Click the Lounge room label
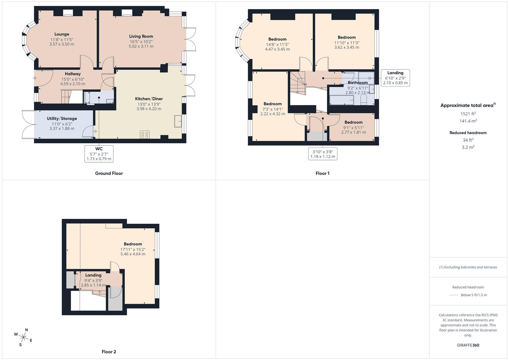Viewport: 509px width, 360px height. (62, 34)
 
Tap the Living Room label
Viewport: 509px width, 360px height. (141, 36)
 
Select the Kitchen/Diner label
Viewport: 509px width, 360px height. (149, 99)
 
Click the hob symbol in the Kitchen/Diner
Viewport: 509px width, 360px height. (145, 134)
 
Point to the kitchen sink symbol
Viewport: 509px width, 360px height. (178, 121)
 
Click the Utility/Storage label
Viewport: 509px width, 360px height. (62, 118)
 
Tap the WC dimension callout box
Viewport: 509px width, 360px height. (99, 154)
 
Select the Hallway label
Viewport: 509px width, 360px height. (73, 74)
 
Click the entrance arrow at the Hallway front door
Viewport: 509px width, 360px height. (34, 78)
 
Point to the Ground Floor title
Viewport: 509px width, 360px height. (109, 173)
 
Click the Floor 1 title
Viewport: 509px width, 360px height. (322, 173)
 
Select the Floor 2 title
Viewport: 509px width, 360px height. (109, 352)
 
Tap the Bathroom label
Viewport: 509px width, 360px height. (358, 83)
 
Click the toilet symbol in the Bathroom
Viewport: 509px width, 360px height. (364, 100)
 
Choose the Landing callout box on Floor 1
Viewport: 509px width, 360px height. (395, 78)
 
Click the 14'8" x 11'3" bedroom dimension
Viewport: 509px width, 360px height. (277, 45)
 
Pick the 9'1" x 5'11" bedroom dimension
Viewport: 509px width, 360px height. (353, 128)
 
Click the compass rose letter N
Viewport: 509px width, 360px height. (27, 330)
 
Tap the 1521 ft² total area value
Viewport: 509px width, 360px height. (468, 114)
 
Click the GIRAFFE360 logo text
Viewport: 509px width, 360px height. (468, 345)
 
